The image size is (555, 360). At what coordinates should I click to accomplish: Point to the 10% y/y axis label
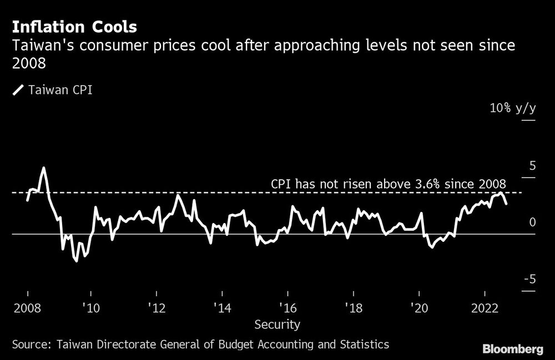click(x=513, y=108)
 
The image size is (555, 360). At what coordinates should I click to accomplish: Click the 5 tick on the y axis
click(x=532, y=166)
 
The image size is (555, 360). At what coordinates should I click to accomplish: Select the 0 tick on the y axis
click(x=532, y=222)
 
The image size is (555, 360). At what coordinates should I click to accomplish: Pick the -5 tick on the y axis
click(x=529, y=280)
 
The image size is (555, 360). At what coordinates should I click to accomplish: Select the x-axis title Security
click(x=277, y=324)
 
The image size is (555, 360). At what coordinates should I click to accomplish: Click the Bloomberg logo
click(x=513, y=349)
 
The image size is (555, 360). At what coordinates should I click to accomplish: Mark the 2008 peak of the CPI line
click(x=43, y=168)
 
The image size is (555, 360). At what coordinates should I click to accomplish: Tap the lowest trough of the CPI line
click(x=76, y=261)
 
